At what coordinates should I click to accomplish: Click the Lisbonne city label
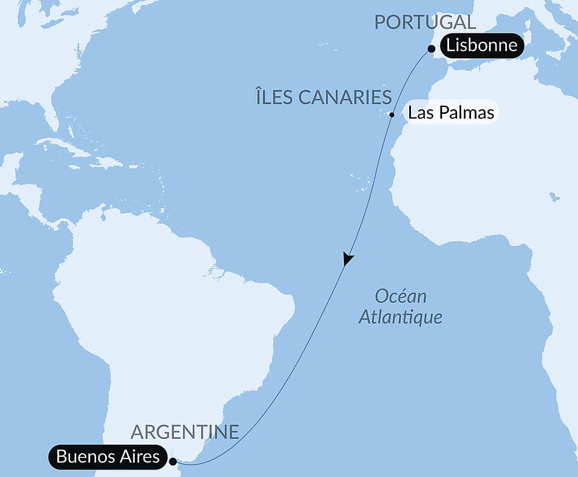coord(482,46)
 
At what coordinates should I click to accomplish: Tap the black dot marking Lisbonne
coord(431,50)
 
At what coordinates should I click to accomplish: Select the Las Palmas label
coord(451,112)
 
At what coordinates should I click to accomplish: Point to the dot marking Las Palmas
coord(392,114)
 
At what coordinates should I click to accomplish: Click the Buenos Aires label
coord(108,457)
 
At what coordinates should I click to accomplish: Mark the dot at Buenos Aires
coord(173,461)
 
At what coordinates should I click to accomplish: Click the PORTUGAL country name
coord(425,23)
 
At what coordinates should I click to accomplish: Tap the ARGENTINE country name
coord(185,431)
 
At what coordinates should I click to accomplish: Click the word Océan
coord(401,297)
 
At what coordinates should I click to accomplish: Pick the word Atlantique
coord(401,317)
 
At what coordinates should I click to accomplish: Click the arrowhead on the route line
coord(347,259)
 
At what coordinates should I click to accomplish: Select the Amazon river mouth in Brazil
coord(217,271)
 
